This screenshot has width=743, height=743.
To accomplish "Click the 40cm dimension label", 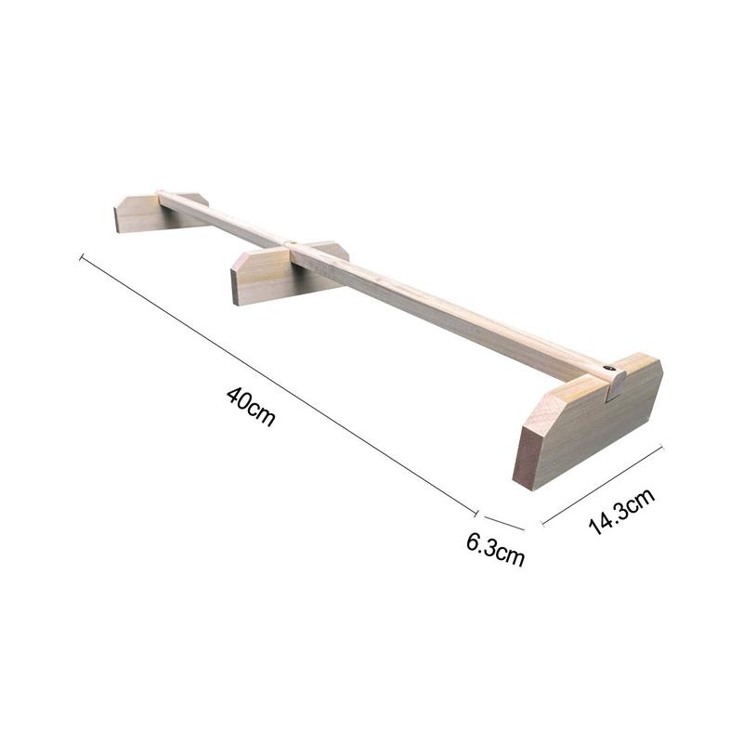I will point(251,406).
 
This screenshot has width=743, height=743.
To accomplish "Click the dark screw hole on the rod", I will point(609,370).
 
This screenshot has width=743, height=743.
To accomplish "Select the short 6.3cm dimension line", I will point(502,521).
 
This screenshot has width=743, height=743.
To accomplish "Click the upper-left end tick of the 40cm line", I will point(83,257).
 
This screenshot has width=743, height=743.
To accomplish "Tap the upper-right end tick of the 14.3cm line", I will point(661,449).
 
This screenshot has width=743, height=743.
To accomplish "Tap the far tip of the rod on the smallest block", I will point(162,194).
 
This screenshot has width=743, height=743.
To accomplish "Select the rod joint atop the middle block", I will point(291,244).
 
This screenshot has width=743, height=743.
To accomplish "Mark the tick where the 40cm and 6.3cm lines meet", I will point(476,513).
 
